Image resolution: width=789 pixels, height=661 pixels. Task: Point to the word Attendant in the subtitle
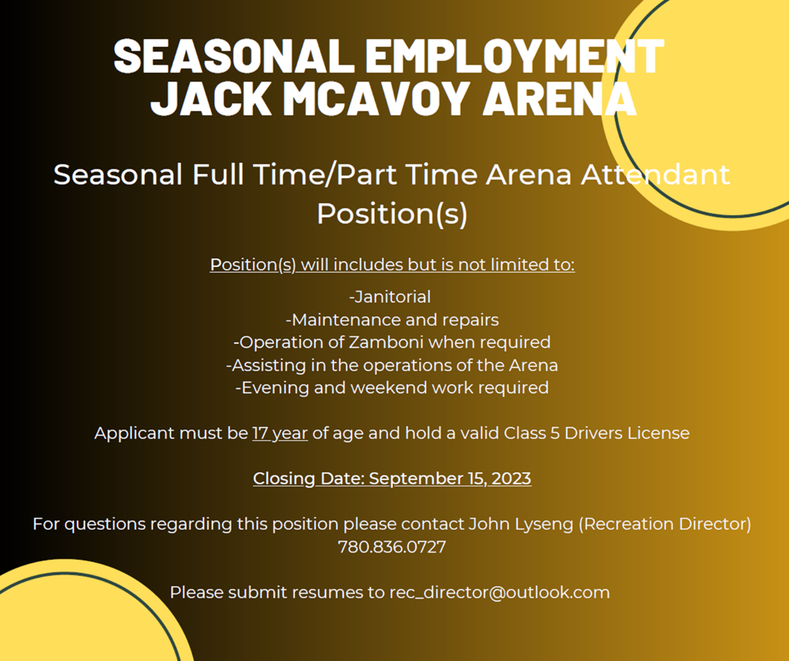(x=655, y=175)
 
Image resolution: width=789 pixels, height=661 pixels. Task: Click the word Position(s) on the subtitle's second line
(x=392, y=214)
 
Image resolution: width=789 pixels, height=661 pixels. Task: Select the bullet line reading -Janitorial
(x=390, y=297)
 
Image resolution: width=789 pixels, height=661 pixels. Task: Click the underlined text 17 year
(x=280, y=433)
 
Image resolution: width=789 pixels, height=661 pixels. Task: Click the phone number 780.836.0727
(x=392, y=547)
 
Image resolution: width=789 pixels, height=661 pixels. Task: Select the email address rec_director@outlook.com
(x=499, y=592)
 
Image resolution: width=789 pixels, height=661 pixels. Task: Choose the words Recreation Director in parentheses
(x=665, y=524)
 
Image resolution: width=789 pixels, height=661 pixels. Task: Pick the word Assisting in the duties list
(x=269, y=365)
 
